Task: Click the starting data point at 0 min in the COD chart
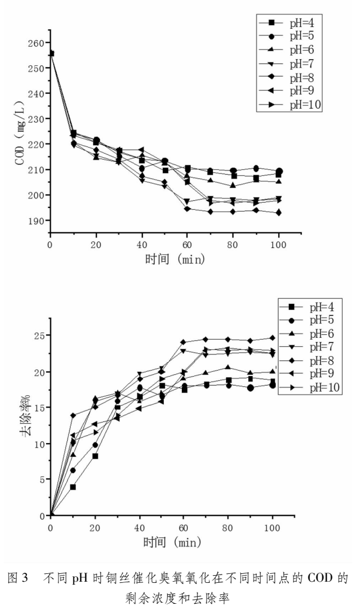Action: coord(51,54)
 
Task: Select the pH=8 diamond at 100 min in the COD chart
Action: coord(279,212)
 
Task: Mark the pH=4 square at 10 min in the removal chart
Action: coord(73,487)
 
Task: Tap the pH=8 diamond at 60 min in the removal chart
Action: coord(184,343)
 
